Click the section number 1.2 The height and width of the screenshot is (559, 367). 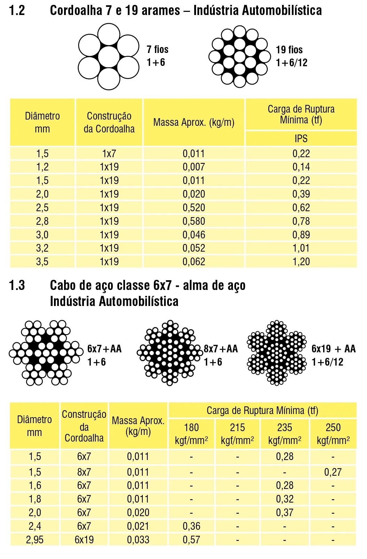(x=17, y=10)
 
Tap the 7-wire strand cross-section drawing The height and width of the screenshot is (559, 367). (x=109, y=56)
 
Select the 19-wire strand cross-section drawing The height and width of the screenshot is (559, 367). (x=240, y=56)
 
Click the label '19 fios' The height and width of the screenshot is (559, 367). (x=289, y=49)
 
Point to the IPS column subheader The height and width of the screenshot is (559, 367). (x=301, y=138)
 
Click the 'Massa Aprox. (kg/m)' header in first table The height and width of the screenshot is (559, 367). (x=194, y=122)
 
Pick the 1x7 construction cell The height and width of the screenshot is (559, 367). (x=109, y=153)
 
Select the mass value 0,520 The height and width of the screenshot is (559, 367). (x=194, y=208)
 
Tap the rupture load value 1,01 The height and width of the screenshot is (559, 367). (x=301, y=248)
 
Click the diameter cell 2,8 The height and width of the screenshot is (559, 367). (x=42, y=221)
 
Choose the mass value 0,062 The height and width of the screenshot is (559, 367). (x=194, y=262)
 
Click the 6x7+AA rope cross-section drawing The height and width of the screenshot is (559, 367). (x=46, y=353)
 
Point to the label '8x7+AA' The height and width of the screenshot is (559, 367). (x=221, y=349)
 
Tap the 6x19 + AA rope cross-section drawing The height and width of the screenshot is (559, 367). (x=277, y=353)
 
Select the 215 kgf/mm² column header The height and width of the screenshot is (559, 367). (x=237, y=434)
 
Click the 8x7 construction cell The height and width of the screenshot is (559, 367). (x=84, y=472)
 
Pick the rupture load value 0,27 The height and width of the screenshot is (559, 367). (x=333, y=472)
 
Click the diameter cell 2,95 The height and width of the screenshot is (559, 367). (x=34, y=540)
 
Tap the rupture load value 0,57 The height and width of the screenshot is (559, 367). (x=191, y=540)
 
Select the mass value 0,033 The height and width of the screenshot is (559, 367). (x=138, y=540)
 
